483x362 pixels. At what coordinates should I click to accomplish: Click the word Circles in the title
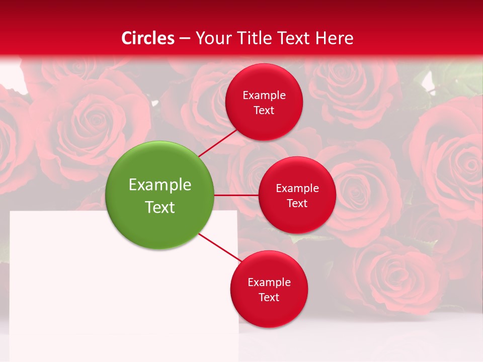click(148, 38)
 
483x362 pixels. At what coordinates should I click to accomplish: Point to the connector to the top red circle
click(219, 142)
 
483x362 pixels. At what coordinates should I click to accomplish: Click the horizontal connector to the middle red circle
click(236, 195)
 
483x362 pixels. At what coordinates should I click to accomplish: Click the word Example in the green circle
click(160, 185)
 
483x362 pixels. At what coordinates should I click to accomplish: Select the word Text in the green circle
click(160, 207)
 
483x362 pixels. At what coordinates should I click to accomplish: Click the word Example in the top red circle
click(264, 96)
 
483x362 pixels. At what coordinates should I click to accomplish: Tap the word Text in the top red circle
click(264, 111)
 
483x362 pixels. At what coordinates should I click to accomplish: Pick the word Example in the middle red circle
click(297, 189)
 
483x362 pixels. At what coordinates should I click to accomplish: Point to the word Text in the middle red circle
click(297, 204)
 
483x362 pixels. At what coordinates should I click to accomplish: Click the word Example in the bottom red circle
click(269, 283)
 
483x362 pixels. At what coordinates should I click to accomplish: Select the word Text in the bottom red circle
click(269, 298)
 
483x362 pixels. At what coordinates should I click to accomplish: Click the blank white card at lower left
click(101, 292)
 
